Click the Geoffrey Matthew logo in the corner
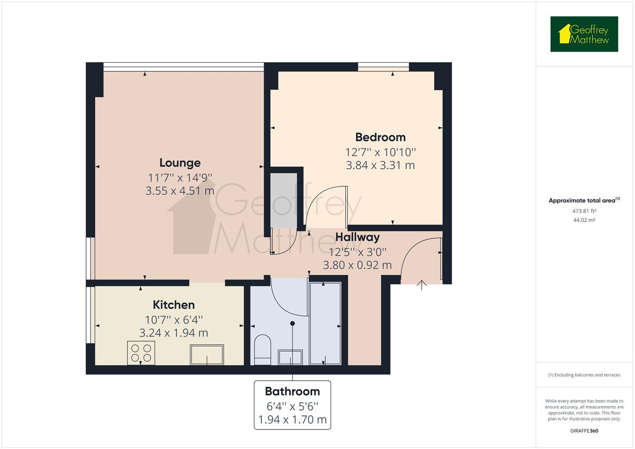[584, 34]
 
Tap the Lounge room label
[180, 163]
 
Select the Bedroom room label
[380, 137]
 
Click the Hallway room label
[357, 237]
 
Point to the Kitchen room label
[173, 305]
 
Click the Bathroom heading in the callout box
[292, 391]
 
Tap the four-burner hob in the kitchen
[141, 353]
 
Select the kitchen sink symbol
[207, 355]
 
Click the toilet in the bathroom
[262, 349]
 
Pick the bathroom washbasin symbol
[290, 357]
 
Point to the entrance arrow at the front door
[422, 285]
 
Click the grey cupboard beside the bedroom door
[284, 200]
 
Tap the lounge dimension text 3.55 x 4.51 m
[180, 191]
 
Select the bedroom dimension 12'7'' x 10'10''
[380, 152]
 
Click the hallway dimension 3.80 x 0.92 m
[357, 265]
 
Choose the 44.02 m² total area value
[584, 220]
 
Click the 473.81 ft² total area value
[584, 211]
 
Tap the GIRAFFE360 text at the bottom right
[584, 431]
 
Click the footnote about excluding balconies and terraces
[584, 375]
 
